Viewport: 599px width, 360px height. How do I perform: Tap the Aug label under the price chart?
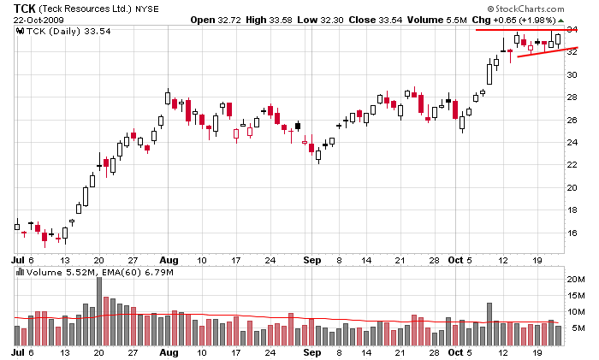(x=169, y=259)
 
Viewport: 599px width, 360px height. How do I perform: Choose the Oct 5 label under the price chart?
(x=462, y=259)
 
